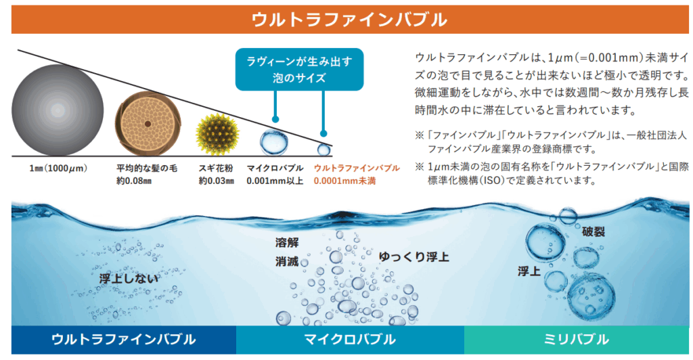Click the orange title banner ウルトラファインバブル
[350, 20]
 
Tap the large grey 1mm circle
[58, 110]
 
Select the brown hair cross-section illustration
[148, 124]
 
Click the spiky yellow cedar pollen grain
[217, 134]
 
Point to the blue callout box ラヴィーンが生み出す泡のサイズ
[299, 69]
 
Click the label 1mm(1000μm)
[58, 168]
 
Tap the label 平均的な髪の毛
[147, 168]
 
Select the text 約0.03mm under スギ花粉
[216, 181]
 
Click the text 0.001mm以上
[275, 181]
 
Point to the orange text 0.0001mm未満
[344, 181]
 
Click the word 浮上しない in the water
[129, 279]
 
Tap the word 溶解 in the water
[287, 242]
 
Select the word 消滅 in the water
[287, 261]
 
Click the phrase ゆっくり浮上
[413, 256]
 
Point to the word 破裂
[593, 231]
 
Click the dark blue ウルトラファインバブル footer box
[124, 340]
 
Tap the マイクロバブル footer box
[350, 340]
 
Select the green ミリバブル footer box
[577, 340]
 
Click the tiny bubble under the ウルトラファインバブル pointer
[324, 150]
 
